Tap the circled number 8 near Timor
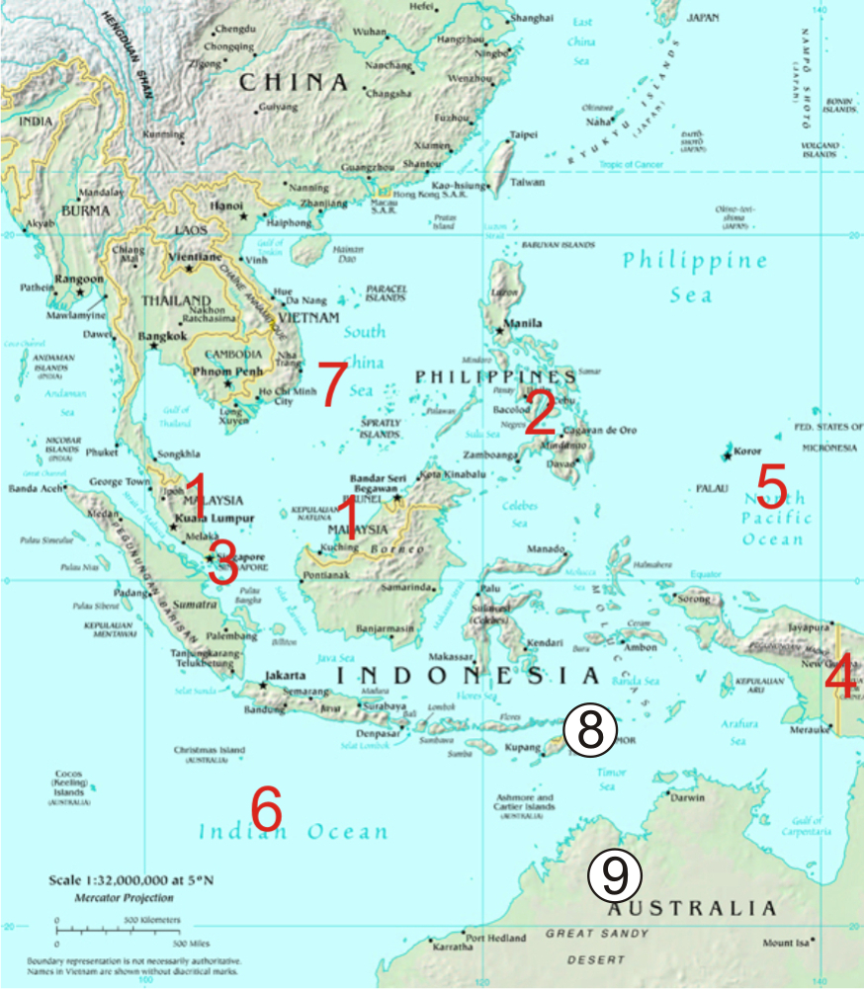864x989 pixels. click(x=589, y=732)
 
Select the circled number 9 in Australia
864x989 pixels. click(x=615, y=874)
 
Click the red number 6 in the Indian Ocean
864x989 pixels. click(x=267, y=809)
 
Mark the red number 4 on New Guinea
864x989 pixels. click(x=841, y=680)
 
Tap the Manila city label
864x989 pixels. click(x=522, y=323)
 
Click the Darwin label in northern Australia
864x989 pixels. click(x=690, y=796)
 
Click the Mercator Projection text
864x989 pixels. click(x=125, y=898)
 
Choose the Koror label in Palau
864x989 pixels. click(x=746, y=452)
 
